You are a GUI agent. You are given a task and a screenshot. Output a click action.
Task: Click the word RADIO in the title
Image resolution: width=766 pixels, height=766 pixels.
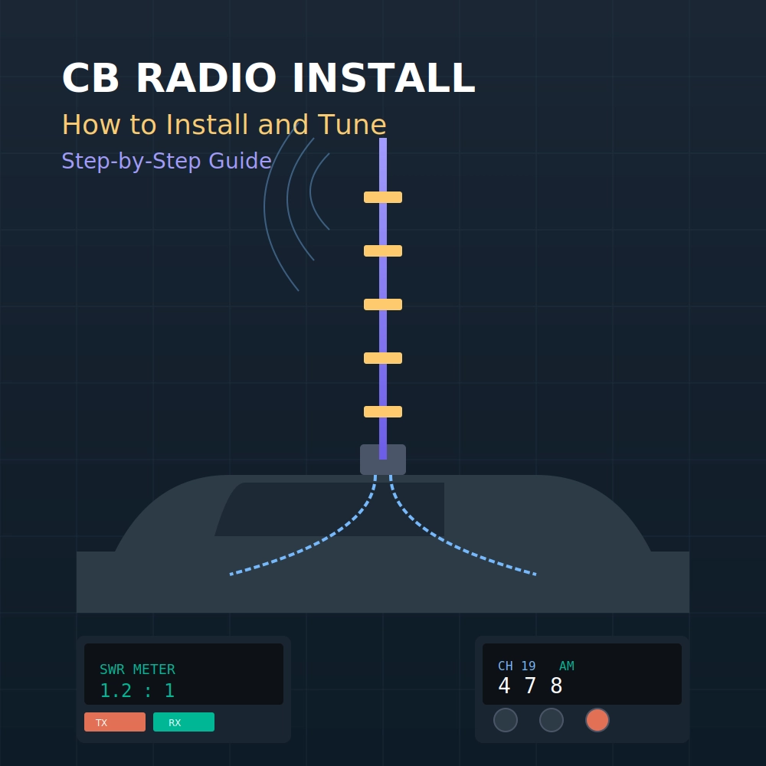click(208, 79)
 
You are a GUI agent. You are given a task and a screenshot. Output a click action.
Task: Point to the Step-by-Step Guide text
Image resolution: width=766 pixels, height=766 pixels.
click(166, 161)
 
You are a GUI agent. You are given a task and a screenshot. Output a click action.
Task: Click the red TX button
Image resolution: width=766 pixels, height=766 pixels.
click(114, 722)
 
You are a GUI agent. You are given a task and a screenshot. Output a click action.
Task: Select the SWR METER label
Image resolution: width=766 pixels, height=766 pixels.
click(137, 669)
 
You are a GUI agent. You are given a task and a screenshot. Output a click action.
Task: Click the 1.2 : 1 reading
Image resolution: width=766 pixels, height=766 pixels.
click(137, 691)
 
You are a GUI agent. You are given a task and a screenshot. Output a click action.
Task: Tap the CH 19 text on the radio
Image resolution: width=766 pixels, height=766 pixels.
click(516, 666)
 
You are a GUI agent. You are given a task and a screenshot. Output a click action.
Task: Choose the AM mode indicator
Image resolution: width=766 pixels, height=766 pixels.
click(566, 666)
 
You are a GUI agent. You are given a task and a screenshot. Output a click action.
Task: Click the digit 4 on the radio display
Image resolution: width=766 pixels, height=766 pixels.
click(504, 686)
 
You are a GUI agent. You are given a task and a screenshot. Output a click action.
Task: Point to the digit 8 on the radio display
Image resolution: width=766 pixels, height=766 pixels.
click(556, 686)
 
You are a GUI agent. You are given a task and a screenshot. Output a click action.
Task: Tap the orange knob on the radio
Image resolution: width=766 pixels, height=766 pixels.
click(597, 720)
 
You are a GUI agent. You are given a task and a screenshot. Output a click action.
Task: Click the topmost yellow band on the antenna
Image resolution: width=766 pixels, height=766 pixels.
click(383, 198)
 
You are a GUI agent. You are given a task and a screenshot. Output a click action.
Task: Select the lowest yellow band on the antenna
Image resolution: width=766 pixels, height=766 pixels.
click(383, 411)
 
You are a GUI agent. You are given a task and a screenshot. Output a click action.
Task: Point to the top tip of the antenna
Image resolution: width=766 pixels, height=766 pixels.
click(383, 140)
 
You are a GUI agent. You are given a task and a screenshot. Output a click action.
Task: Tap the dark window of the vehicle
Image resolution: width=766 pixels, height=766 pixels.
click(329, 509)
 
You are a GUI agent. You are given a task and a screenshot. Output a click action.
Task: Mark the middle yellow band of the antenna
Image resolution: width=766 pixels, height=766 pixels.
click(383, 304)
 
